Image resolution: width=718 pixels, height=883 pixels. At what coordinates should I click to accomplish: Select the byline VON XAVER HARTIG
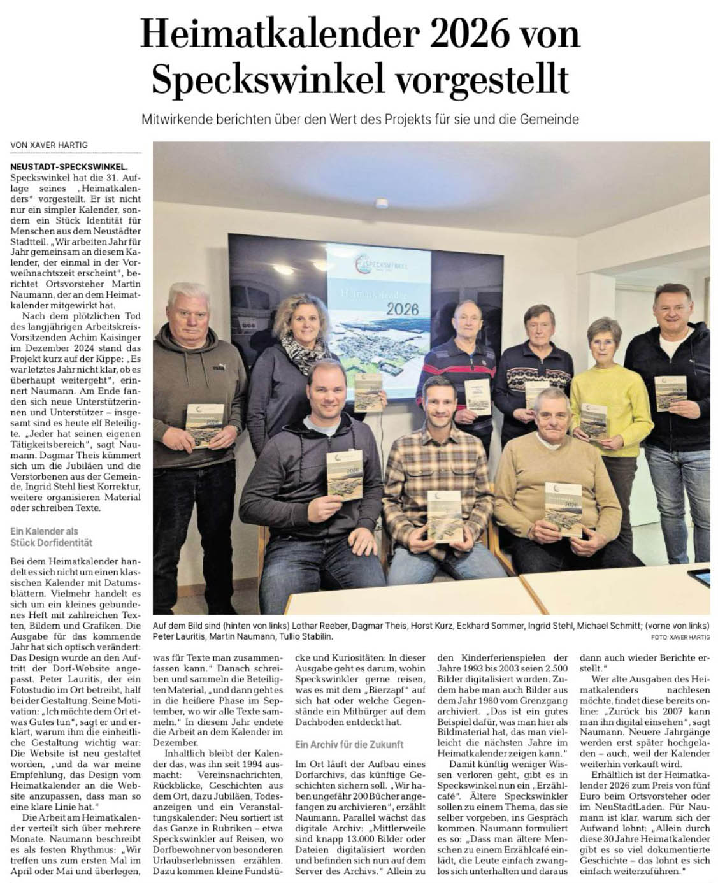pyautogui.click(x=49, y=145)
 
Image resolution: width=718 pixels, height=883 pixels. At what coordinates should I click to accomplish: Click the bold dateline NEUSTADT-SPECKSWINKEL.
pyautogui.click(x=69, y=167)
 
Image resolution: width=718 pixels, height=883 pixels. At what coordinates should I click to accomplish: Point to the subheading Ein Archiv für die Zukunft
pyautogui.click(x=349, y=744)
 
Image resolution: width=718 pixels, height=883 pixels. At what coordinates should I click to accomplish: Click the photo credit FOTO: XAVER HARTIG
pyautogui.click(x=680, y=636)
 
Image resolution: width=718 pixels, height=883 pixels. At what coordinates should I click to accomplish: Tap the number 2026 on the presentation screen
pyautogui.click(x=401, y=309)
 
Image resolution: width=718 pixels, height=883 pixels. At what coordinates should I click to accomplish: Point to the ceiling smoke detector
pyautogui.click(x=382, y=205)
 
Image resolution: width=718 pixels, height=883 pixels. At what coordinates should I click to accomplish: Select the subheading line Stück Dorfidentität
pyautogui.click(x=52, y=543)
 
